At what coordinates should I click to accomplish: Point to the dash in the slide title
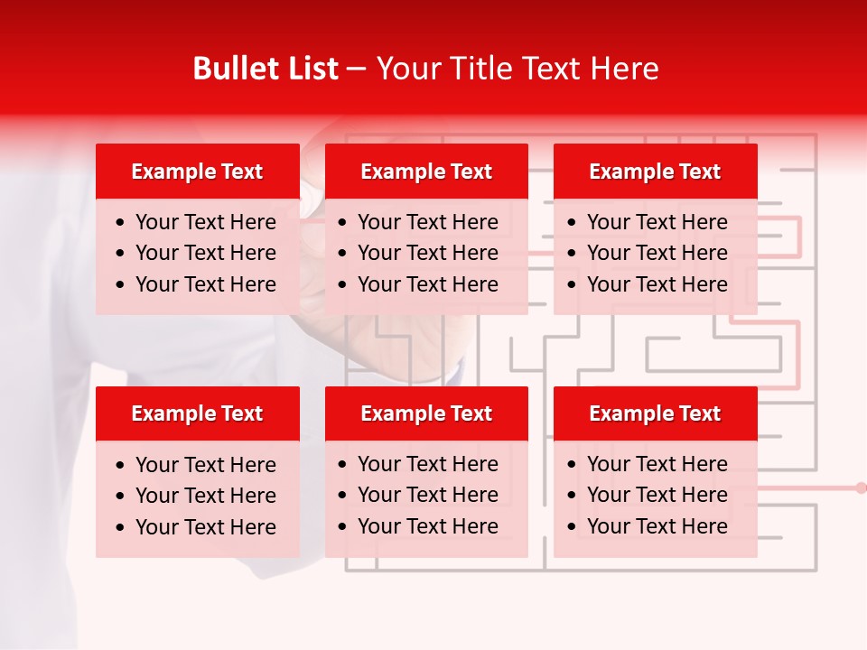tap(357, 70)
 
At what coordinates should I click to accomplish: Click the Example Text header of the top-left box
tap(197, 172)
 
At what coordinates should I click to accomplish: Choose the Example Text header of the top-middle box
tap(426, 172)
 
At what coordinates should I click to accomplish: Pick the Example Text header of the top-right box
tap(655, 172)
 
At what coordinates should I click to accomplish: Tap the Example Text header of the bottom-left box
tap(197, 413)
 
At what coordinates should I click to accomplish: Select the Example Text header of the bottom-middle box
tap(426, 413)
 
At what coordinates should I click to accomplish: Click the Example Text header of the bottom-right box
tap(655, 413)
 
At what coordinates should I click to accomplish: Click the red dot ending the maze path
tap(861, 487)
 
